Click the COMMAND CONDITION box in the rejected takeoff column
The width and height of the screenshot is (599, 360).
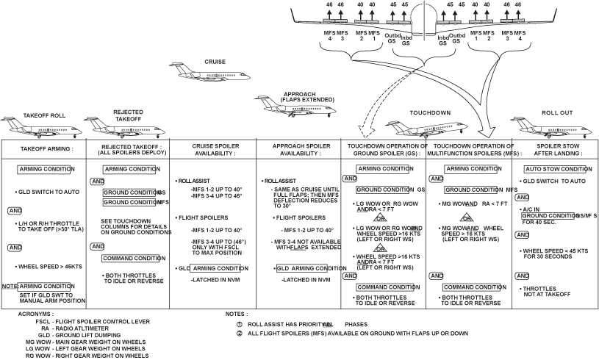coord(132,258)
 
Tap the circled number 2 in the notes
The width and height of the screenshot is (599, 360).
coord(239,333)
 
